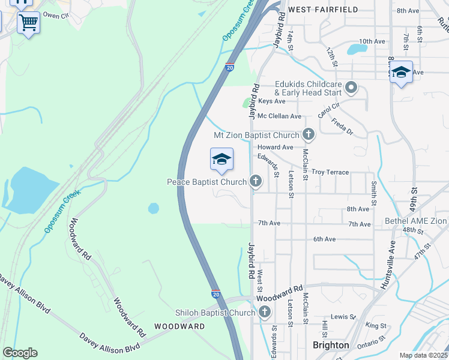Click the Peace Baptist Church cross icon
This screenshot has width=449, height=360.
pos(256,181)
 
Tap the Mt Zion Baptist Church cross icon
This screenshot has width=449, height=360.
pos(309,134)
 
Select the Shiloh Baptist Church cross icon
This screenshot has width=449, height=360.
pos(265,312)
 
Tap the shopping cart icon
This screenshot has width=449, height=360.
pos(28,23)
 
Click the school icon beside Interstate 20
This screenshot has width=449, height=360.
pos(221,160)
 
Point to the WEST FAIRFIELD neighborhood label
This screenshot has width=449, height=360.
pos(323,10)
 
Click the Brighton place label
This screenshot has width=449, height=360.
pos(331,345)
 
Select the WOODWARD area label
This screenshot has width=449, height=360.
pos(179,326)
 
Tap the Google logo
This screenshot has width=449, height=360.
pos(20,352)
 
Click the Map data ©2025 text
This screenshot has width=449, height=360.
pos(423,355)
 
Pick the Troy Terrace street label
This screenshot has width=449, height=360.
pos(330,172)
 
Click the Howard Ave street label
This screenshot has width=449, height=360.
pos(275,147)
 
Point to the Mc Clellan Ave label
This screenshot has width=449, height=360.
pos(279,116)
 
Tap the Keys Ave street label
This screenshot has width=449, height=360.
pos(270,101)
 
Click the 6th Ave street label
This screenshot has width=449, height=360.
pos(324,239)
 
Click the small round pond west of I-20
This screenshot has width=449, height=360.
pos(154,208)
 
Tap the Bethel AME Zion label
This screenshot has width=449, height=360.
pos(416,221)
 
